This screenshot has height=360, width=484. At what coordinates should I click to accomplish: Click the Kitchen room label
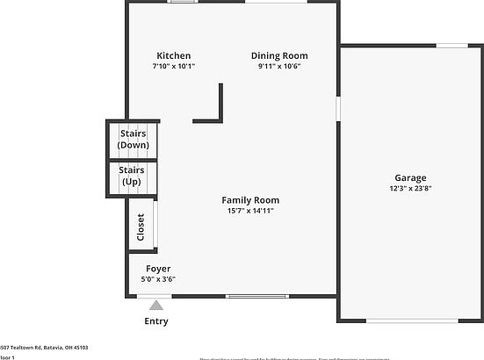(x=173, y=55)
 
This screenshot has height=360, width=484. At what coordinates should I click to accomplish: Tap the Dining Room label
(x=279, y=55)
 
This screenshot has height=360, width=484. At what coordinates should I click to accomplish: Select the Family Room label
(x=249, y=200)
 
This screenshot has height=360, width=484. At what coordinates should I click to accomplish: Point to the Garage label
(x=410, y=177)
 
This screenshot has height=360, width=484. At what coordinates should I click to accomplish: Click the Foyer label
(x=158, y=269)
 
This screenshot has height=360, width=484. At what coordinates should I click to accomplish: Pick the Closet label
(x=141, y=227)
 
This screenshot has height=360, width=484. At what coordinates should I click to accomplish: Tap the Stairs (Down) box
(x=134, y=140)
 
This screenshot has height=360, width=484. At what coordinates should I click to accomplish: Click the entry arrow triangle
(x=156, y=306)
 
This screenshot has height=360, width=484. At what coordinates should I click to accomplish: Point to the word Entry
(x=156, y=321)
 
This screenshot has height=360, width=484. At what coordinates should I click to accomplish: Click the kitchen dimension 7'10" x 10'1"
(x=173, y=66)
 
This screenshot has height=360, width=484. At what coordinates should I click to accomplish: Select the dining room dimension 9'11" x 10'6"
(x=279, y=66)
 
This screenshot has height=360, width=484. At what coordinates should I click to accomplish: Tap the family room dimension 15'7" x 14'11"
(x=249, y=211)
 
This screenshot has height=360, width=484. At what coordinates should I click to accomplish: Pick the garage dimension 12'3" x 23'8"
(x=410, y=188)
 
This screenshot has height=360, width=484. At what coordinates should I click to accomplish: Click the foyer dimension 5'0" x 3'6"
(x=158, y=279)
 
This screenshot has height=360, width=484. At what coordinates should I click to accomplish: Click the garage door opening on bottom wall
(x=412, y=320)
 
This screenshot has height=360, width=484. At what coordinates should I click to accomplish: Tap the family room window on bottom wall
(x=256, y=296)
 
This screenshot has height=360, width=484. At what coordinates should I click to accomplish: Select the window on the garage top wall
(x=451, y=46)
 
